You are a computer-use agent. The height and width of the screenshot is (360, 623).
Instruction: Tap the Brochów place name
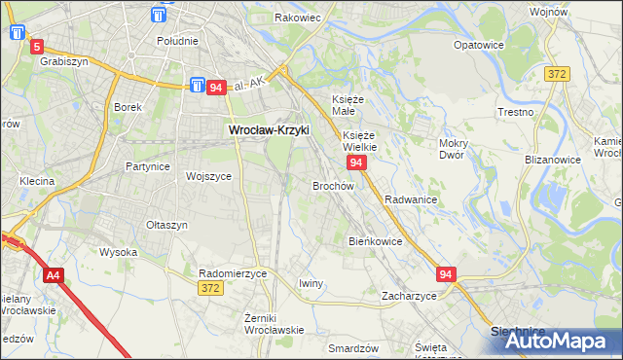332,185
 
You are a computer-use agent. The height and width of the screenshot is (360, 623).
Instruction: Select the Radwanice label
410,198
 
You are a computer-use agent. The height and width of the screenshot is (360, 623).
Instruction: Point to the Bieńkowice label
375,240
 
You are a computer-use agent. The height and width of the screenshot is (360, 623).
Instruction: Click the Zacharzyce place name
409,295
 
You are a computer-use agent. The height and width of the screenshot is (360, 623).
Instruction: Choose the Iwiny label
311,283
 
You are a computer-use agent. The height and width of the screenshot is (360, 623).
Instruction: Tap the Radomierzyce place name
233,273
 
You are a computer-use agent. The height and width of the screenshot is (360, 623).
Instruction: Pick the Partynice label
148,166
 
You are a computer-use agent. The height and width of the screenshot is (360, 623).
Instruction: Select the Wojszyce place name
208,176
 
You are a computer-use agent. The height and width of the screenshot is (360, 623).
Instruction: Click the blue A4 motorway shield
53,276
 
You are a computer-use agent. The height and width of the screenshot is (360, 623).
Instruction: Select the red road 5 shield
37,46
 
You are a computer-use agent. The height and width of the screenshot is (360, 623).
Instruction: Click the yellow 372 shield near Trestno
558,74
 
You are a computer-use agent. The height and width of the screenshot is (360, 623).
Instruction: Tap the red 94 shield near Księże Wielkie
356,162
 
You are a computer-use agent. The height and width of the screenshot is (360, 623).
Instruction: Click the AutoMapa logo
558,341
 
